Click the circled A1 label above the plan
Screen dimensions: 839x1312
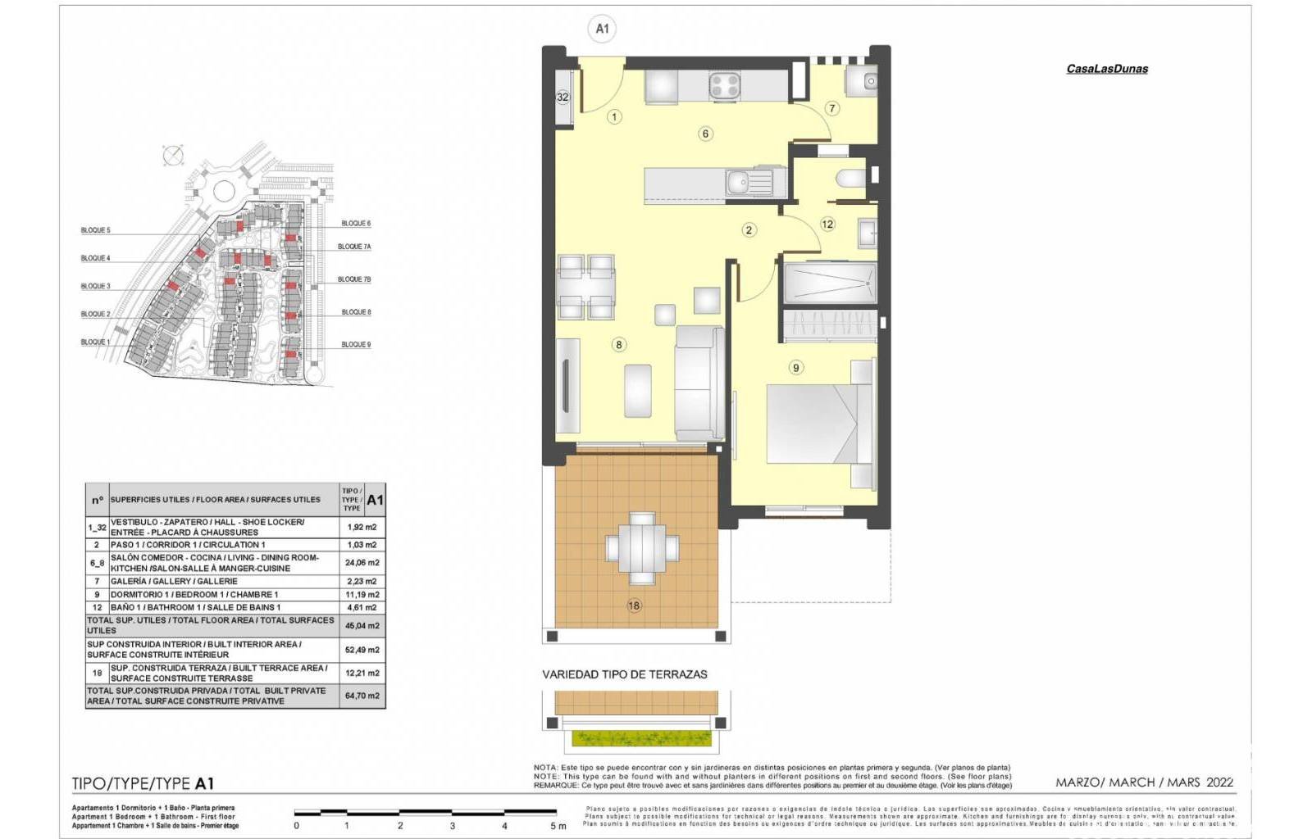[602, 29]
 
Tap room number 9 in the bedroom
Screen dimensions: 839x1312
[795, 368]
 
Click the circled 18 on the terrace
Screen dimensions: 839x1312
[634, 605]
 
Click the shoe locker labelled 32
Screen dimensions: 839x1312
[563, 97]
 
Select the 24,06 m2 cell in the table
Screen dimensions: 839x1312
[362, 563]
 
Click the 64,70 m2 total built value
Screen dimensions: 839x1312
[362, 696]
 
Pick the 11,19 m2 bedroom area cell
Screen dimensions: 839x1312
[362, 595]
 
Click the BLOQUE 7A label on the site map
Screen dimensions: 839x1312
[354, 247]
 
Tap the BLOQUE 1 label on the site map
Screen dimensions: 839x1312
[95, 342]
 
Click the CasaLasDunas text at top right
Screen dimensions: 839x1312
[1106, 69]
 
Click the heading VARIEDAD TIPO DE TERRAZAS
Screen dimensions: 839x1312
[624, 674]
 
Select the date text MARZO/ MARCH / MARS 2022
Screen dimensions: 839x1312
[1144, 782]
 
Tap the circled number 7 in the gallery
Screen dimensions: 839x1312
[831, 108]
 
